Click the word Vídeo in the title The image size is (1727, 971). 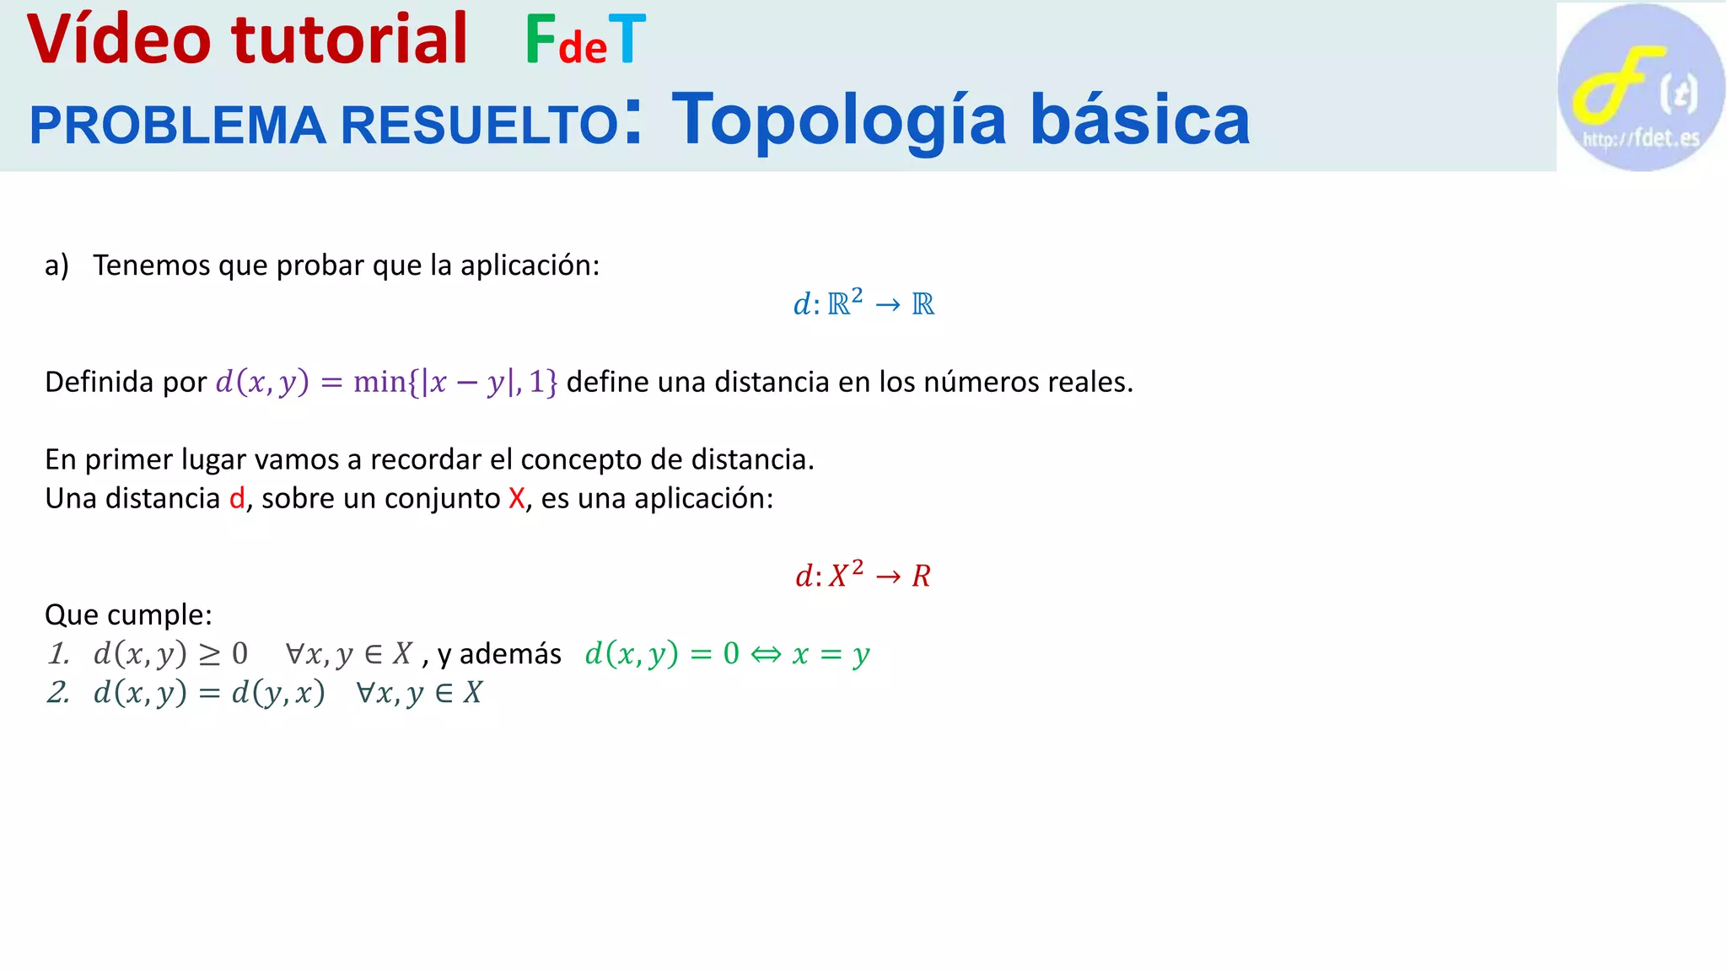click(x=118, y=40)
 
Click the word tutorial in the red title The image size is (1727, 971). click(x=349, y=40)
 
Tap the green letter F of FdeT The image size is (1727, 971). click(x=540, y=40)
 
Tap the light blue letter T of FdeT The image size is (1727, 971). click(x=627, y=40)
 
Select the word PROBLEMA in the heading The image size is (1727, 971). click(x=177, y=125)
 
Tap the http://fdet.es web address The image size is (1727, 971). click(x=1641, y=138)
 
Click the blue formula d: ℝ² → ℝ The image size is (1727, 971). click(x=863, y=303)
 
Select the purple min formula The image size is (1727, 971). click(x=386, y=382)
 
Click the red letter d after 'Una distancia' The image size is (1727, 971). click(x=237, y=498)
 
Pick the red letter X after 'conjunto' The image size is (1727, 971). click(x=517, y=498)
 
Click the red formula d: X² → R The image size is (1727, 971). click(x=863, y=575)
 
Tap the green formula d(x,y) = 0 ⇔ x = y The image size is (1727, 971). click(x=727, y=653)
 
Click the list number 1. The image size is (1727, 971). click(x=58, y=653)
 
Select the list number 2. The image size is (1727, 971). click(x=58, y=692)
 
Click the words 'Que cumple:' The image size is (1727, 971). click(x=128, y=614)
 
